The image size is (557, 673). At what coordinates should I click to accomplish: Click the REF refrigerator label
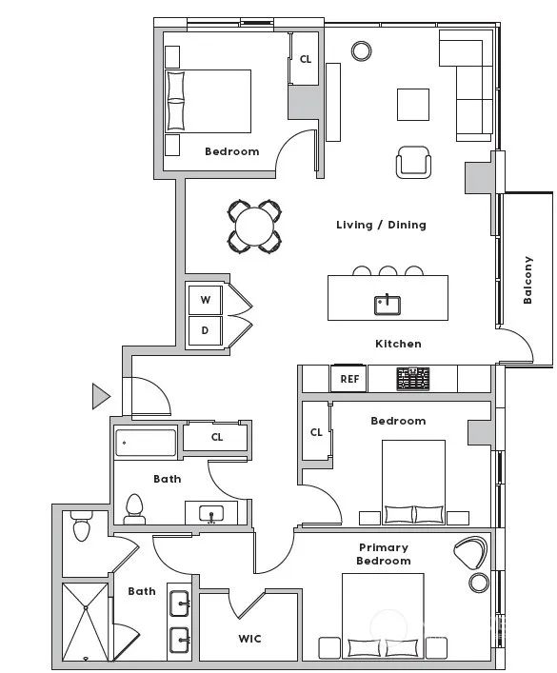click(x=349, y=379)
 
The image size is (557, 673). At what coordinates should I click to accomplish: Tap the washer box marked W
click(x=206, y=300)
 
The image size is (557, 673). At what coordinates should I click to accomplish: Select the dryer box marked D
click(x=206, y=330)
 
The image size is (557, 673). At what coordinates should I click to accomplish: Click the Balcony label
click(x=527, y=280)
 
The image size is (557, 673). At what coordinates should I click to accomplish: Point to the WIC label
click(x=249, y=639)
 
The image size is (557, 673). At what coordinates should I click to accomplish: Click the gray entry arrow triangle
click(x=101, y=396)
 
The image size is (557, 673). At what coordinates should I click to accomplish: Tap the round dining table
click(x=254, y=227)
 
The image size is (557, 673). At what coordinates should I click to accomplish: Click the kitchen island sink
click(x=387, y=305)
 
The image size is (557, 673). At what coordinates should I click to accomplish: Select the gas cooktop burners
click(x=412, y=379)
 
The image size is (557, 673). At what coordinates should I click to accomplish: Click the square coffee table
click(x=413, y=105)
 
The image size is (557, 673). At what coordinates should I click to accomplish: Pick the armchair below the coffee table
click(x=413, y=162)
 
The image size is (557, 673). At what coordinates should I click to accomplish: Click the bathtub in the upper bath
click(x=146, y=443)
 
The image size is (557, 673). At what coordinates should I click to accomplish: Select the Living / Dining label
click(x=381, y=225)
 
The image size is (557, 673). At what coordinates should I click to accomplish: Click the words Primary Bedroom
click(x=383, y=554)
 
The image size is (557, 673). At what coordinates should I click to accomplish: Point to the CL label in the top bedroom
click(x=306, y=59)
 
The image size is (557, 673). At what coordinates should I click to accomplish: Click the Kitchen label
click(x=398, y=344)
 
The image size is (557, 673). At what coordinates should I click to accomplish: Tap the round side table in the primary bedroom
click(x=479, y=583)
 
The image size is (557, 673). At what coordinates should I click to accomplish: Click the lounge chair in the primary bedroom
click(x=470, y=554)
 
